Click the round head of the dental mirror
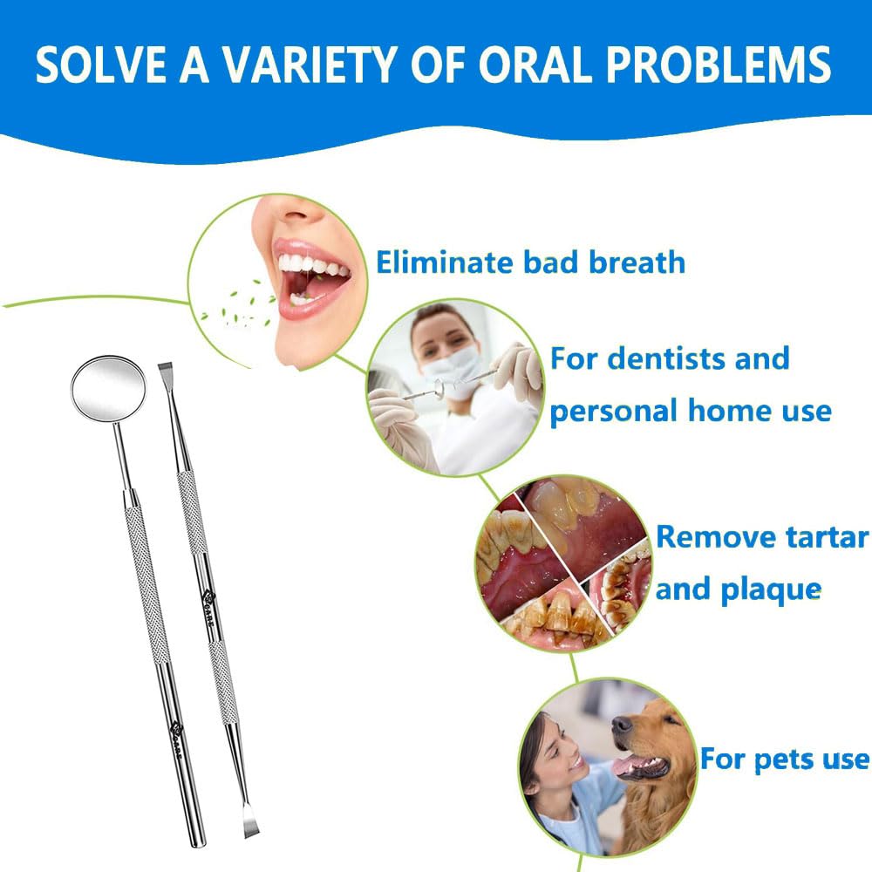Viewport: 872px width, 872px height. click(x=108, y=387)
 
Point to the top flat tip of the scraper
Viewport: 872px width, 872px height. click(x=165, y=369)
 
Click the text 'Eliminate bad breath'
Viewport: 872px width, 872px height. click(x=530, y=262)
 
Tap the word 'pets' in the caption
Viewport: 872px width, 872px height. click(x=784, y=760)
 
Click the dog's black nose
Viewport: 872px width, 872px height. click(x=622, y=724)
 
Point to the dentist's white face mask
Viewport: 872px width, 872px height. click(x=451, y=368)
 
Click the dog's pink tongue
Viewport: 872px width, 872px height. click(x=629, y=766)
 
